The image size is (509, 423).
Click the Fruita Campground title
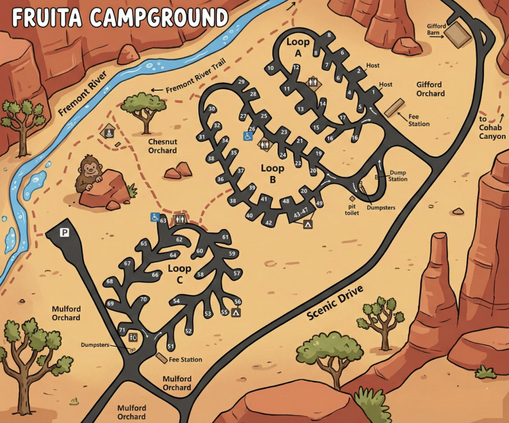click(120, 18)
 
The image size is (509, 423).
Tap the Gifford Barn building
click(458, 35)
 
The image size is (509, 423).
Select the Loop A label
click(298, 47)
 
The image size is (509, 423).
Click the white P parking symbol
click(64, 233)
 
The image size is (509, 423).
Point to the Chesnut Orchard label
click(162, 146)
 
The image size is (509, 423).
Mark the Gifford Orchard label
click(430, 89)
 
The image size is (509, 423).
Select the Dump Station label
click(398, 176)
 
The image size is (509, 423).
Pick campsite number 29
click(241, 82)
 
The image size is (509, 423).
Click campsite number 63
click(163, 221)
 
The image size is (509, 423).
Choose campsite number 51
click(171, 346)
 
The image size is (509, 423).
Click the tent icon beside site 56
click(236, 312)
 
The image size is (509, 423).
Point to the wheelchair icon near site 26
click(248, 136)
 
